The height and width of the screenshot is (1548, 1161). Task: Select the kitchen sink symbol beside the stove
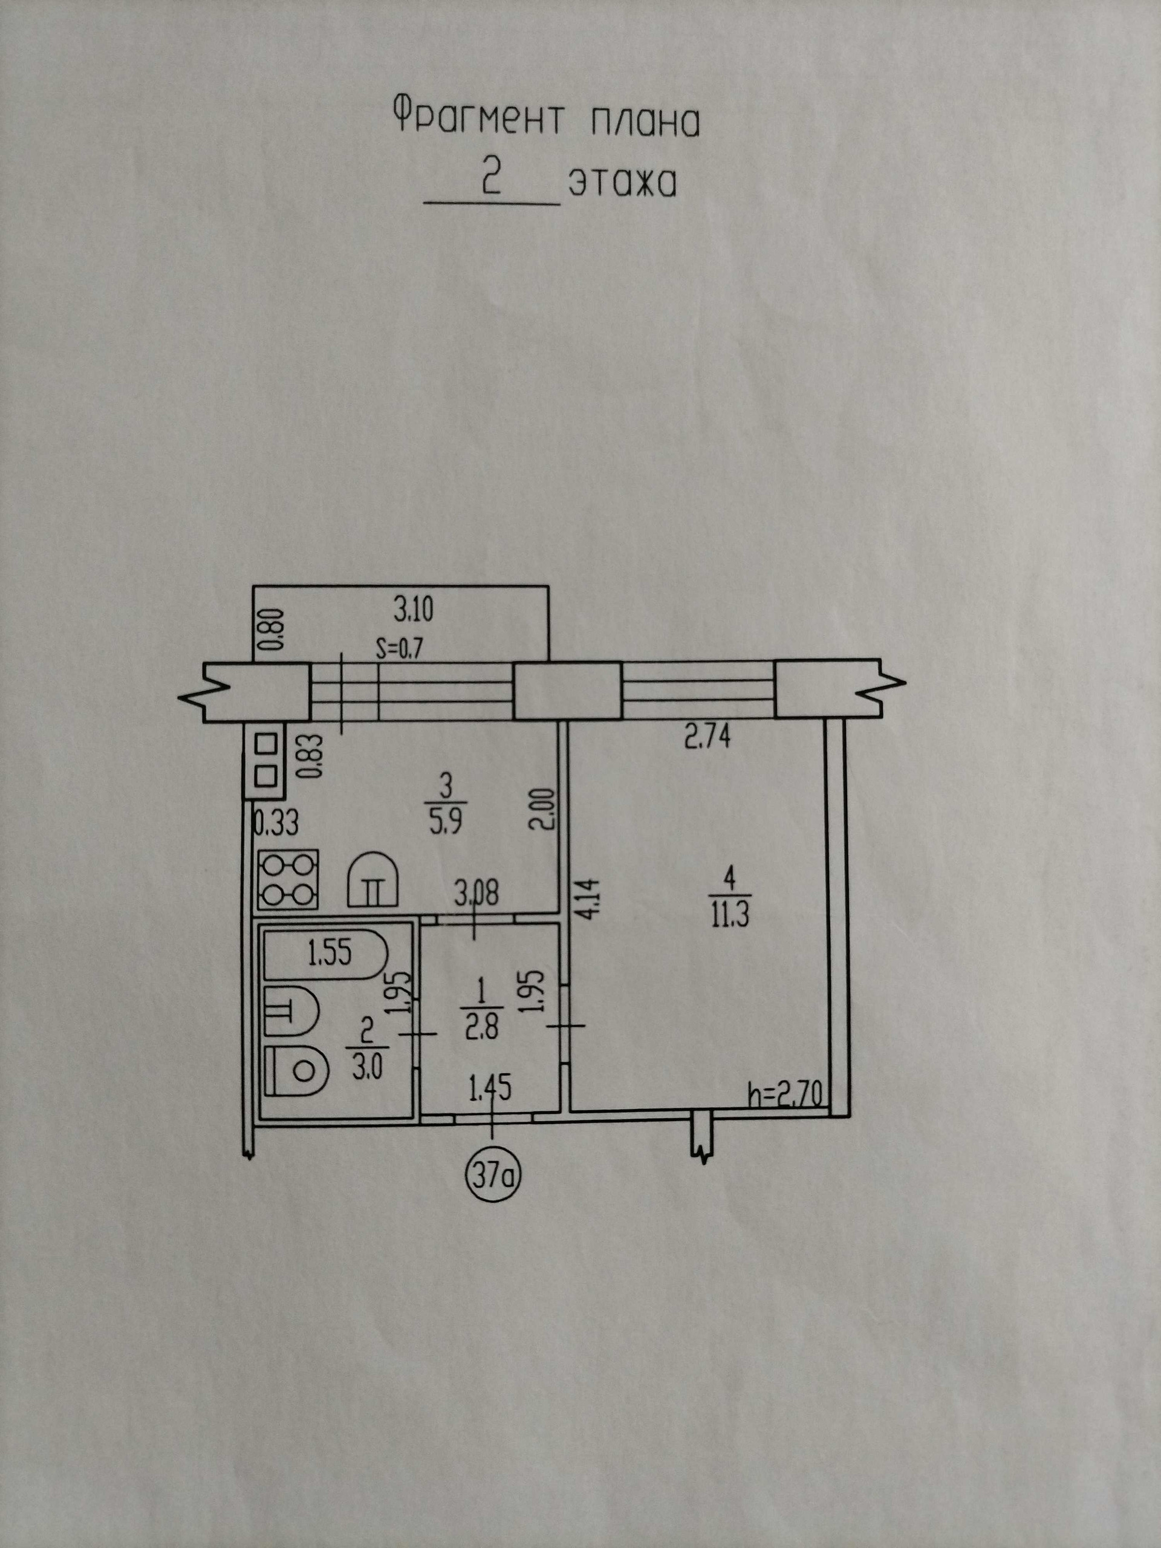pyautogui.click(x=373, y=880)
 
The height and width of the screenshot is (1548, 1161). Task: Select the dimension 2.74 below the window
pyautogui.click(x=707, y=738)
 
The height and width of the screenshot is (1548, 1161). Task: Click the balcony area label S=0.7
pyautogui.click(x=400, y=650)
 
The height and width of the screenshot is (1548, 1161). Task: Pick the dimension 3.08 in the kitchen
pyautogui.click(x=476, y=894)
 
